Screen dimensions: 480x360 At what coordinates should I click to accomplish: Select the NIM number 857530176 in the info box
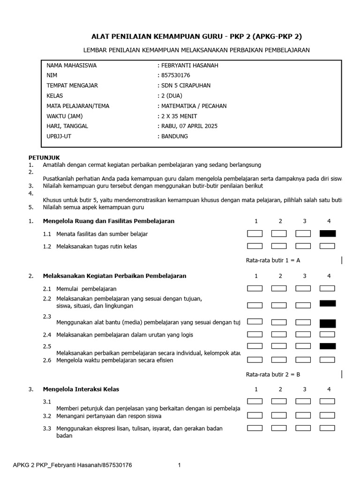click(175, 75)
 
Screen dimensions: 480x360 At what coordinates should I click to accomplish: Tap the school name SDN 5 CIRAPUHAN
click(185, 86)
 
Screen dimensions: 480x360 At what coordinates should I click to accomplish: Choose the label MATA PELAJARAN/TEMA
click(78, 106)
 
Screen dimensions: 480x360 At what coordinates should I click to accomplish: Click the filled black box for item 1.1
click(327, 233)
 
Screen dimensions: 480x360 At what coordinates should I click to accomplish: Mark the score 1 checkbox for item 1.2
click(255, 246)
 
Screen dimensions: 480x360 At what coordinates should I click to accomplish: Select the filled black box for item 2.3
click(327, 323)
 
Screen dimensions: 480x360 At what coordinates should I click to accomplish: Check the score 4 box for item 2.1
click(327, 289)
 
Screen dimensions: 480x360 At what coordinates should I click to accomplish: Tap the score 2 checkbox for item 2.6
click(279, 360)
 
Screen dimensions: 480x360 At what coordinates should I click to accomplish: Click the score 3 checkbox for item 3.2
click(303, 415)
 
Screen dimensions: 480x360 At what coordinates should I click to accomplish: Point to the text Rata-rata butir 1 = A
click(273, 261)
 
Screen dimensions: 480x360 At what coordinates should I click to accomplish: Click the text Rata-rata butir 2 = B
click(273, 374)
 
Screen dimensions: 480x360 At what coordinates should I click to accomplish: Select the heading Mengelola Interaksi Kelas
click(81, 389)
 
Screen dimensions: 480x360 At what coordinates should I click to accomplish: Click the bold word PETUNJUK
click(44, 157)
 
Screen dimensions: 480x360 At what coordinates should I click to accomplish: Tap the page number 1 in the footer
click(179, 465)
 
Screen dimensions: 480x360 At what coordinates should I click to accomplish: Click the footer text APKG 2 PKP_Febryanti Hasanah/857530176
click(72, 465)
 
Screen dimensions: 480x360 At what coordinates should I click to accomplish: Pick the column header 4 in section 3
click(329, 389)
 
